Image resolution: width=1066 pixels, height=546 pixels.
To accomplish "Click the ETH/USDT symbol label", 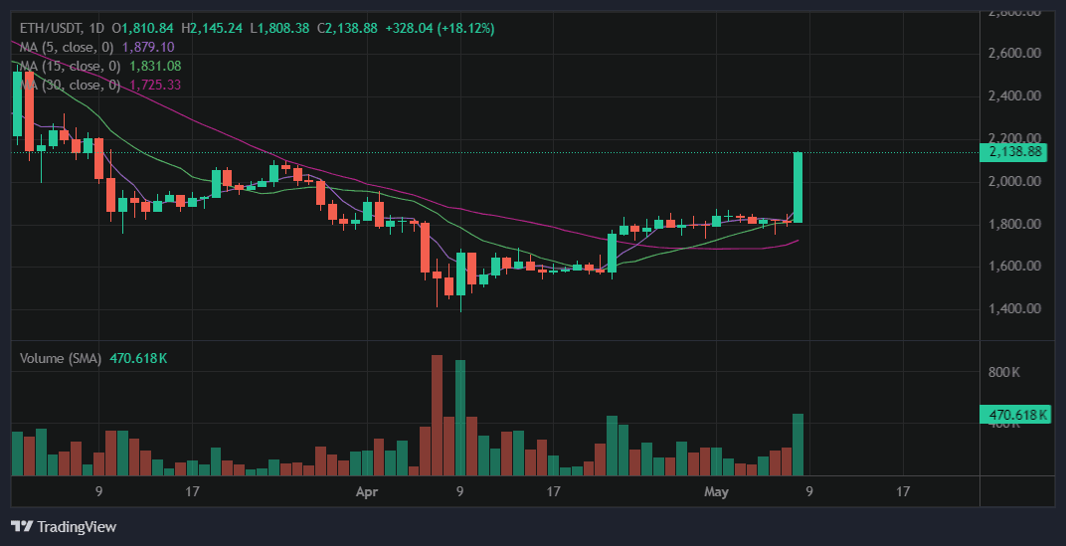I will coord(45,28).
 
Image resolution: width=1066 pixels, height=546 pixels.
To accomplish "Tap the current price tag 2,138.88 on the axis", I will coord(1014,152).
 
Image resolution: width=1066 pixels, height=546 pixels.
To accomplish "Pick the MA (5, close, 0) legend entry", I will coord(66,47).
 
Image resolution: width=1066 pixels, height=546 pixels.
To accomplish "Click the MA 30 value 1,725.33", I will coord(155,86).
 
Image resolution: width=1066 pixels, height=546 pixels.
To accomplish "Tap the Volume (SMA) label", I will coord(61,358).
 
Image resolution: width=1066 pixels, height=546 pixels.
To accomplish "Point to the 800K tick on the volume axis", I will coord(1004,372).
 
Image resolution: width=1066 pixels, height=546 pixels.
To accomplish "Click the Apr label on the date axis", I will coord(367,491).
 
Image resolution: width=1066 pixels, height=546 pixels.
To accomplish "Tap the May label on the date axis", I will coord(716,491).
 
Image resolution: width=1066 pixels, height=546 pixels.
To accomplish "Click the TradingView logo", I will coord(64,526).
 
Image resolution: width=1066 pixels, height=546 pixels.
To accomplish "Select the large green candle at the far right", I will coord(798,187).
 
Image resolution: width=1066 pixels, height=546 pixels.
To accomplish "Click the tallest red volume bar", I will coord(437,415).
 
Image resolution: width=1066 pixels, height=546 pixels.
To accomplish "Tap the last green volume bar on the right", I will coord(798,445).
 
